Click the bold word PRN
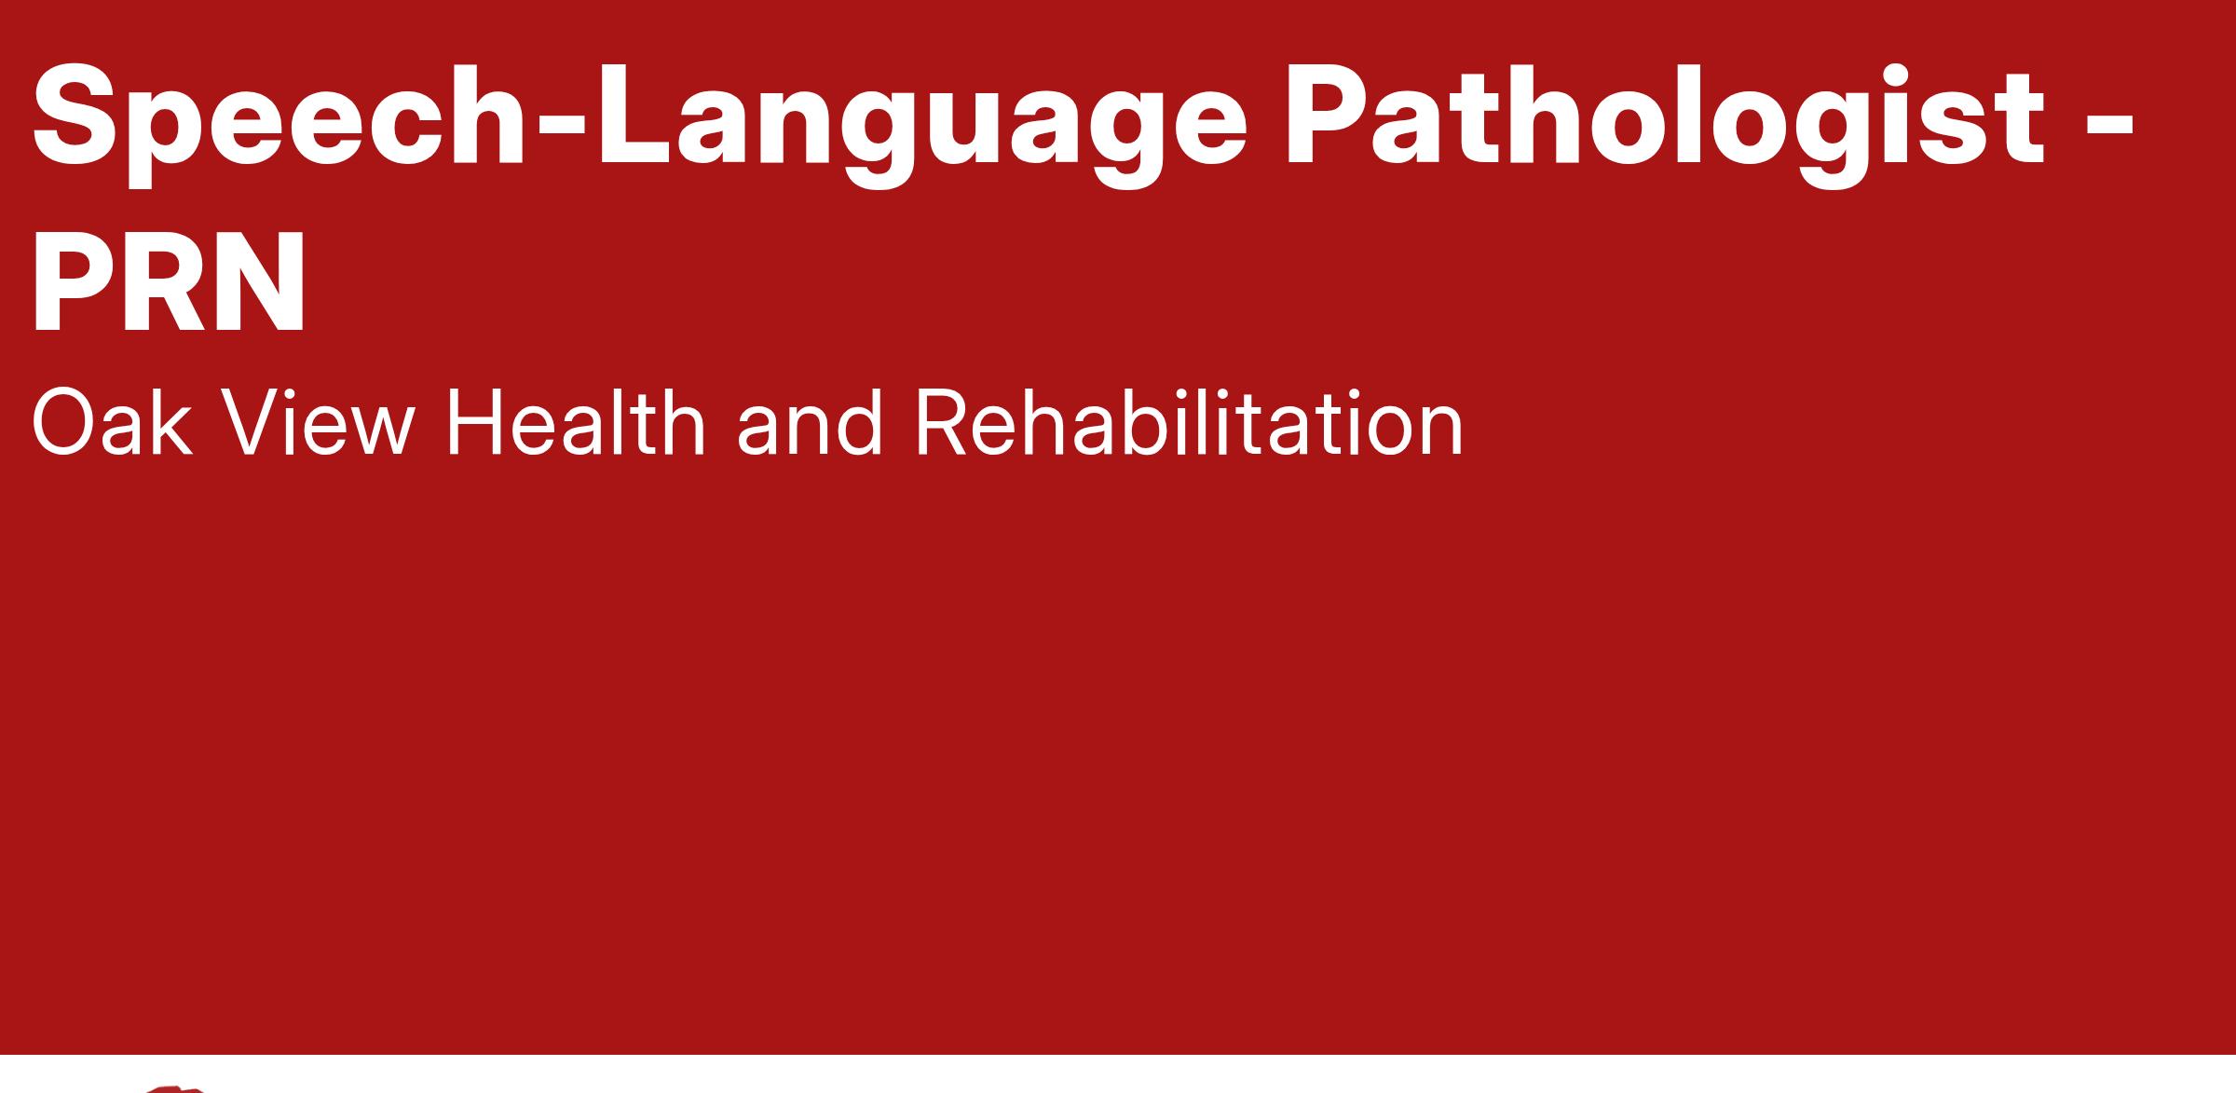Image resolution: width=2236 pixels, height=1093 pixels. [x=169, y=280]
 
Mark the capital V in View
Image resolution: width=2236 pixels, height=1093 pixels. [x=252, y=423]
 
